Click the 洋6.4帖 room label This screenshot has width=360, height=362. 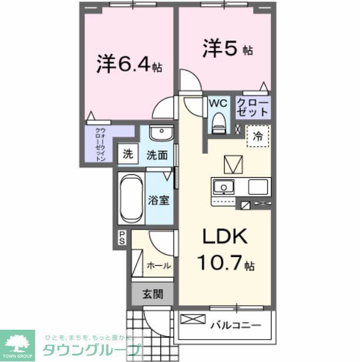pos(130,63)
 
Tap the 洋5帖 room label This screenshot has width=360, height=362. pos(228,48)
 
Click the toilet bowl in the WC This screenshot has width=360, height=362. pos(218,121)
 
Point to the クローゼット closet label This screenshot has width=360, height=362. pos(253,107)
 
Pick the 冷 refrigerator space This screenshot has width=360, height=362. pos(258,136)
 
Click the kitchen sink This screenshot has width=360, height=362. pos(223,187)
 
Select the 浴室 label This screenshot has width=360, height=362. pos(158,200)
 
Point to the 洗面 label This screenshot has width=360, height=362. pos(157,155)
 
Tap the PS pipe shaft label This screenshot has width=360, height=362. pos(123,237)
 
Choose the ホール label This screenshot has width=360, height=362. pos(159,265)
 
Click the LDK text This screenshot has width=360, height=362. pos(225,236)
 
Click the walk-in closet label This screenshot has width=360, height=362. pos(100,144)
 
